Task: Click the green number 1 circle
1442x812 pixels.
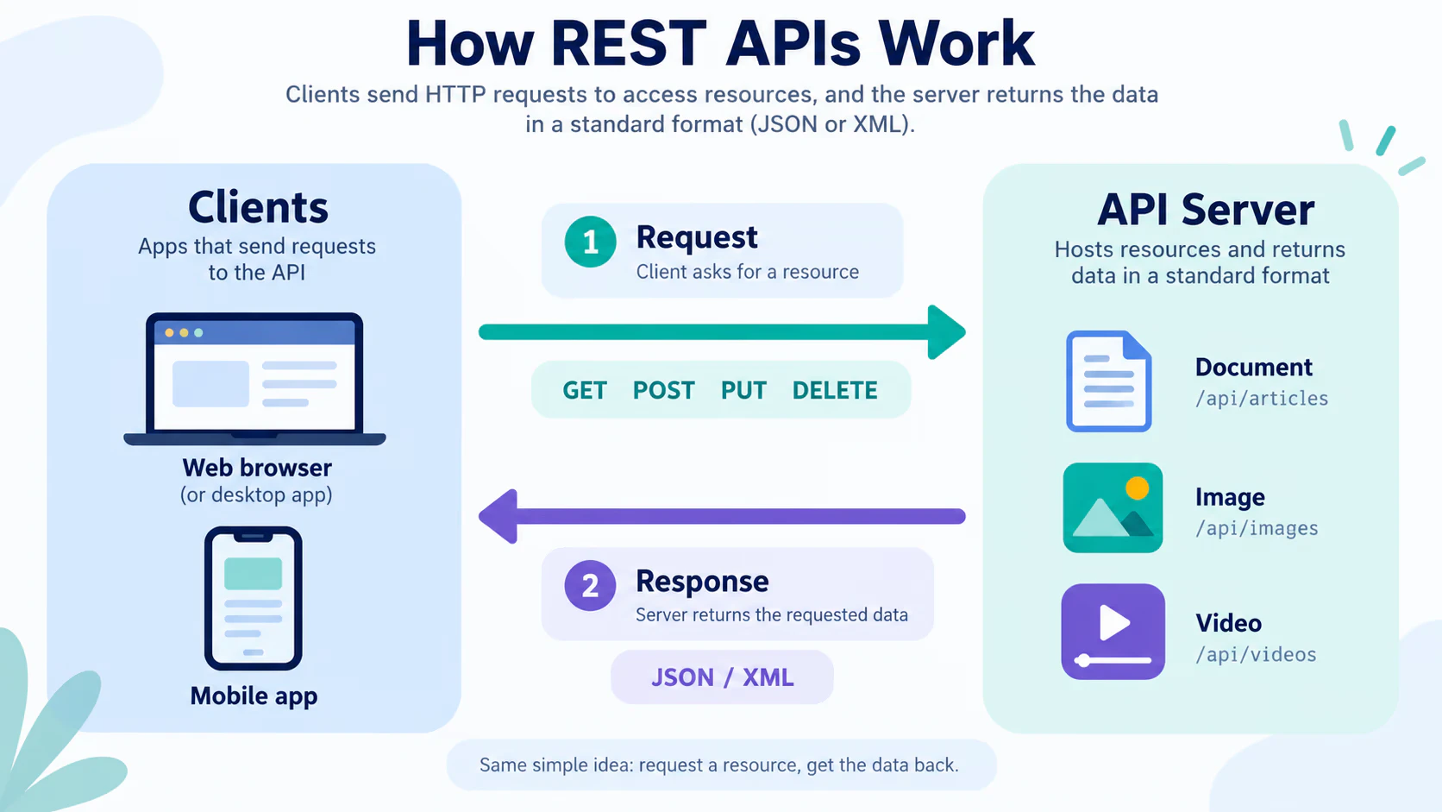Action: click(x=590, y=242)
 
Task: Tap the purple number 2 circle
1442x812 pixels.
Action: click(x=590, y=585)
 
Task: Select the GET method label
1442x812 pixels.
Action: click(x=585, y=390)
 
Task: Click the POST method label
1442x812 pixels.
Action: click(x=664, y=390)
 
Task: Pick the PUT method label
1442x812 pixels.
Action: click(x=743, y=390)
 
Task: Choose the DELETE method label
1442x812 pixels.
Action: click(x=835, y=390)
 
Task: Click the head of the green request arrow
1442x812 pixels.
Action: click(x=946, y=332)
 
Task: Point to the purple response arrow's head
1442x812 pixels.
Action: click(x=498, y=516)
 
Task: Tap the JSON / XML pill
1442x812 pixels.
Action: click(x=722, y=677)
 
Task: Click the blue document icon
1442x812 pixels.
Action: click(x=1108, y=381)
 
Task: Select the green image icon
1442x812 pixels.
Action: click(x=1113, y=507)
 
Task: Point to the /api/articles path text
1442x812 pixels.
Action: click(x=1262, y=399)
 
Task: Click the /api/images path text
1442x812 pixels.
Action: click(x=1257, y=528)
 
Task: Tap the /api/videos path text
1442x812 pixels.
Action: click(x=1256, y=654)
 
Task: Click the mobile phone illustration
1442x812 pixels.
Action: click(x=253, y=598)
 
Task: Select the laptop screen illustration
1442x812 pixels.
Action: click(x=255, y=379)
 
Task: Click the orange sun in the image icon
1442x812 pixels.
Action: click(x=1138, y=488)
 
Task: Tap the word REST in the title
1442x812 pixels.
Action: click(x=629, y=44)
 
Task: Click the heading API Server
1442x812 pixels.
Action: click(x=1206, y=210)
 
